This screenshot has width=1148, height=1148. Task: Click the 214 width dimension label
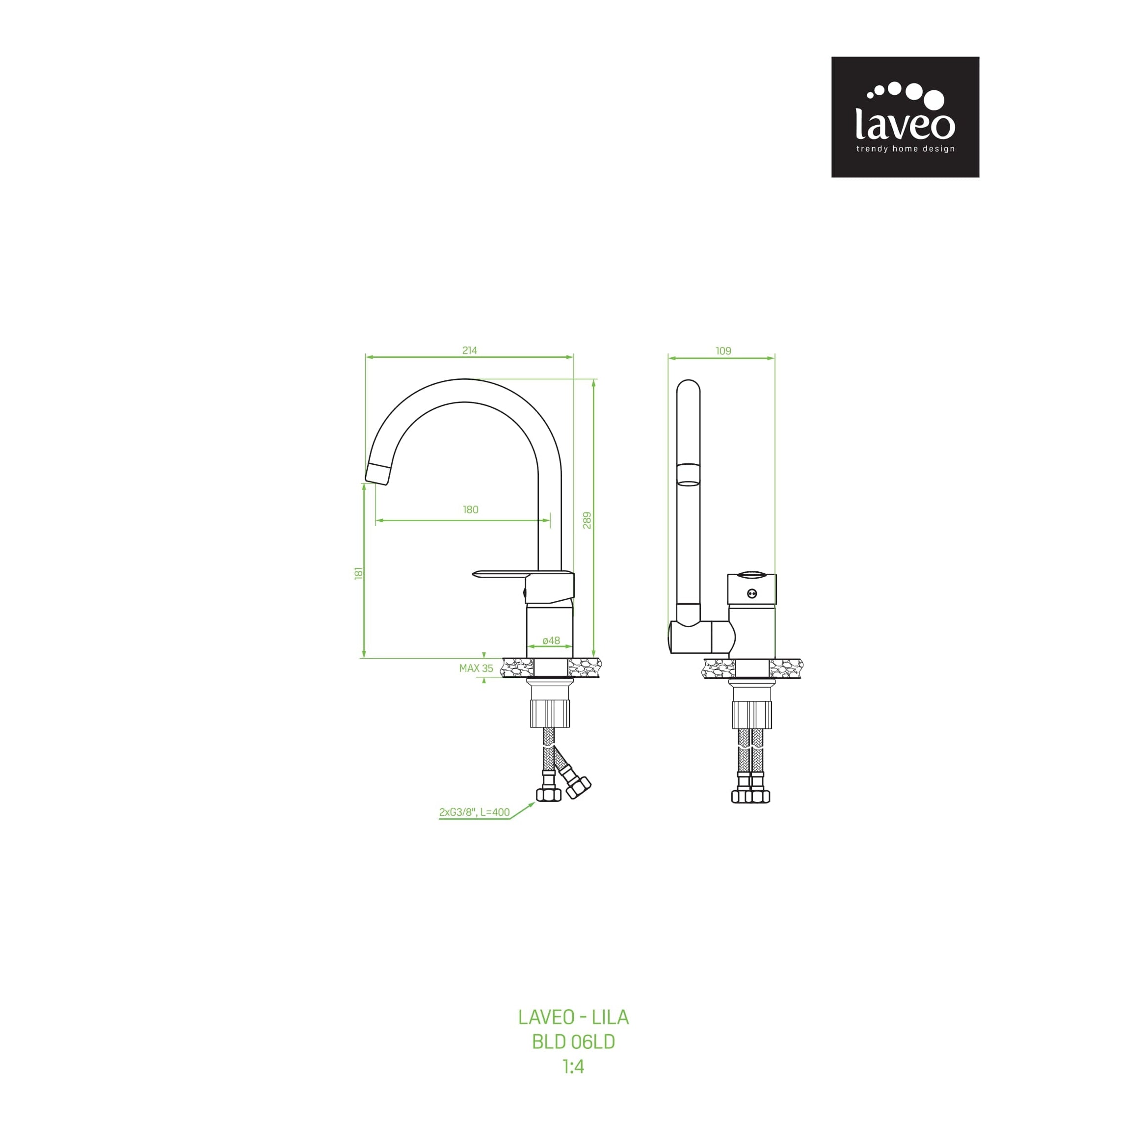pos(469,350)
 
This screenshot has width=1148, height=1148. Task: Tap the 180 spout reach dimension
pos(471,510)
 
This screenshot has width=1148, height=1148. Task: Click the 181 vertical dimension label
pos(358,573)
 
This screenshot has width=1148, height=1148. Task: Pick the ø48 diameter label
pos(551,641)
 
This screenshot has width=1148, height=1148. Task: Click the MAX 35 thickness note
pos(476,668)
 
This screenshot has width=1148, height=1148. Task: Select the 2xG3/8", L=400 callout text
pos(474,812)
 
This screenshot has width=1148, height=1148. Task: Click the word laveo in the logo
pos(905,124)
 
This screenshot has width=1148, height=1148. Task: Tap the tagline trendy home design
pos(905,149)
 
